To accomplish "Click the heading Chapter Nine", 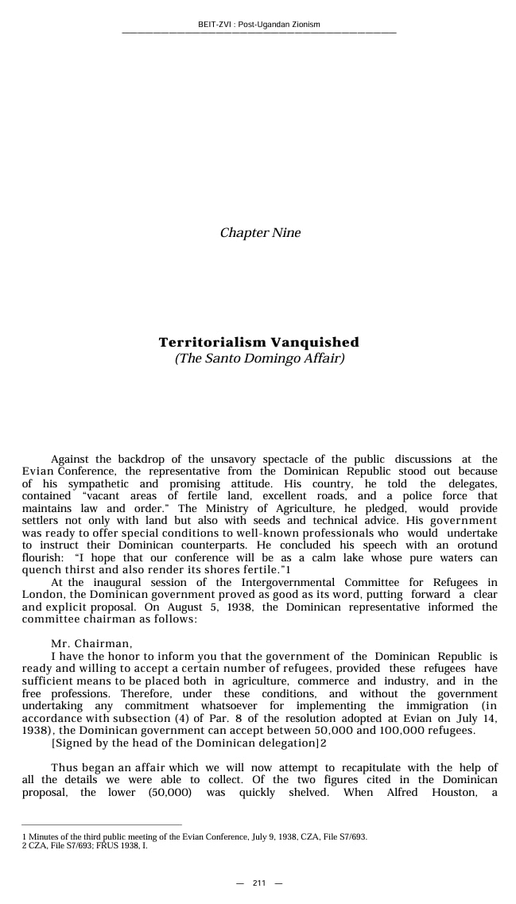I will pos(260,233).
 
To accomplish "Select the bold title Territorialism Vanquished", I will pos(258,343).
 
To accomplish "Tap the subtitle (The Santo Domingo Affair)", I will pos(259,359).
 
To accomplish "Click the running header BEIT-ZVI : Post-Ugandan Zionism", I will pos(258,25).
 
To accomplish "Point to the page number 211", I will pos(259,883).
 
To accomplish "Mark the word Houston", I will pos(453,793).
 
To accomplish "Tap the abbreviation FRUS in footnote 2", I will pos(91,845).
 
